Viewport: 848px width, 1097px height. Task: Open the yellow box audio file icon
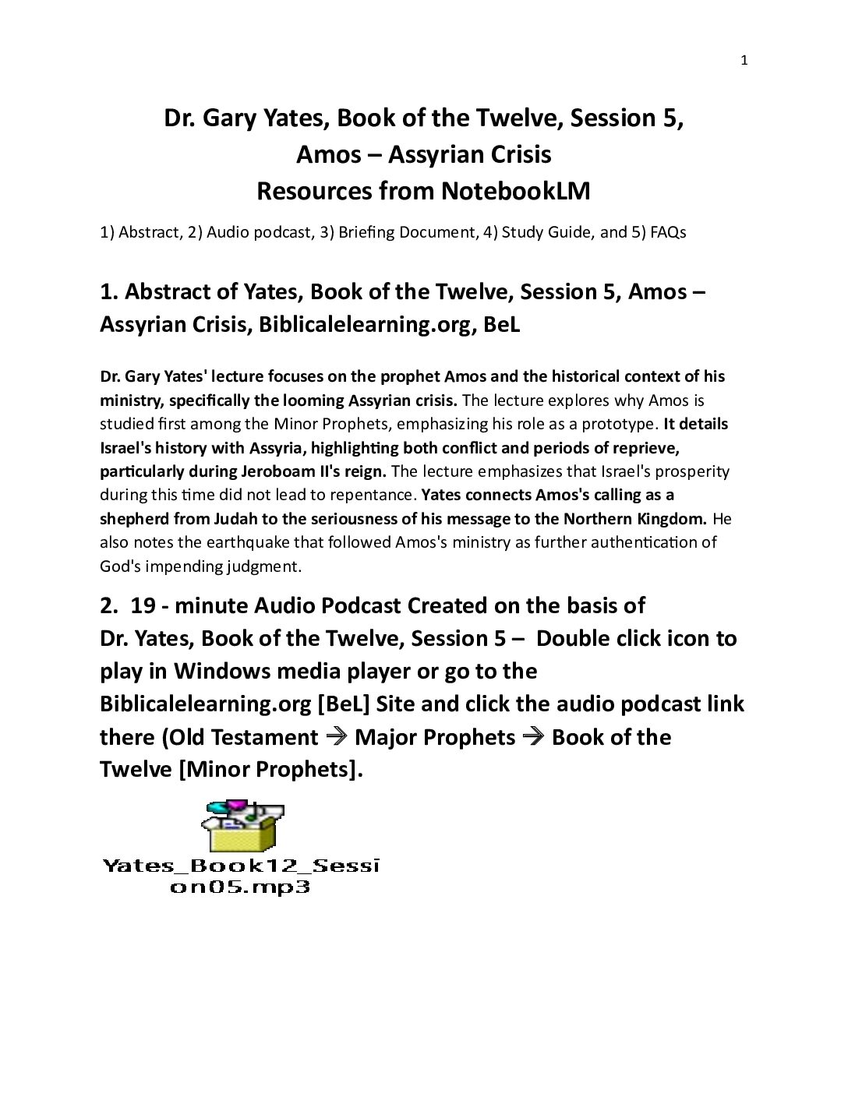pyautogui.click(x=238, y=827)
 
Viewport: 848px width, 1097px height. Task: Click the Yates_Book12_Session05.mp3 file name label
pyautogui.click(x=240, y=876)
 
